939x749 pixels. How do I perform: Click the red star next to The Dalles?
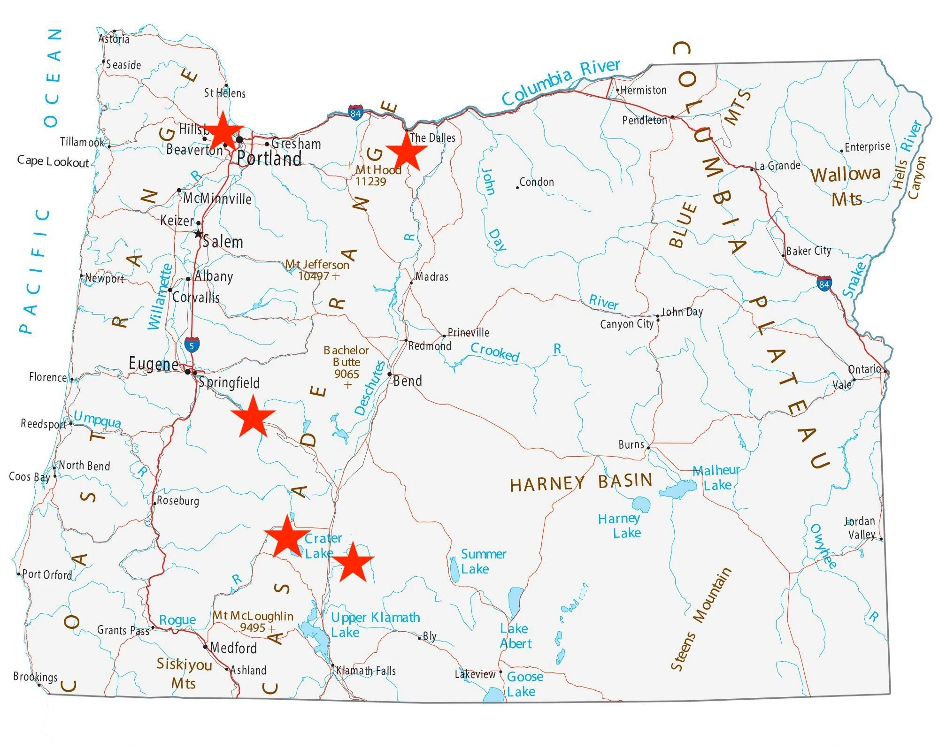click(407, 152)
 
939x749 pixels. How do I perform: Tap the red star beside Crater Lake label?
click(287, 538)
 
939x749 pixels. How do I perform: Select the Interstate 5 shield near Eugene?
click(192, 345)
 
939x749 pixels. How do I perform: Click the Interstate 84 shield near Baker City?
click(824, 284)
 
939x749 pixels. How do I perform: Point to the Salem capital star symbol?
click(198, 234)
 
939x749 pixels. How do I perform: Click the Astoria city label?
click(114, 39)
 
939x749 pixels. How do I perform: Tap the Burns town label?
click(631, 444)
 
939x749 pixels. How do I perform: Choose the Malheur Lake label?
click(716, 478)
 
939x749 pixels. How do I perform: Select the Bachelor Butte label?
click(346, 362)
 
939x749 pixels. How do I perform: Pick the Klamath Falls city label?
click(366, 671)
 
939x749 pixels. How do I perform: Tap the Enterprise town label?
click(867, 147)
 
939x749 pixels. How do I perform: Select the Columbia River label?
click(561, 82)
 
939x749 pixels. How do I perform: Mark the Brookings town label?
click(35, 677)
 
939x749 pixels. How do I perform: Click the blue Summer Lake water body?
click(454, 569)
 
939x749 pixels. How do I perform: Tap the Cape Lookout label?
click(53, 161)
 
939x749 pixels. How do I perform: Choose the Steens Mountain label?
click(700, 619)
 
